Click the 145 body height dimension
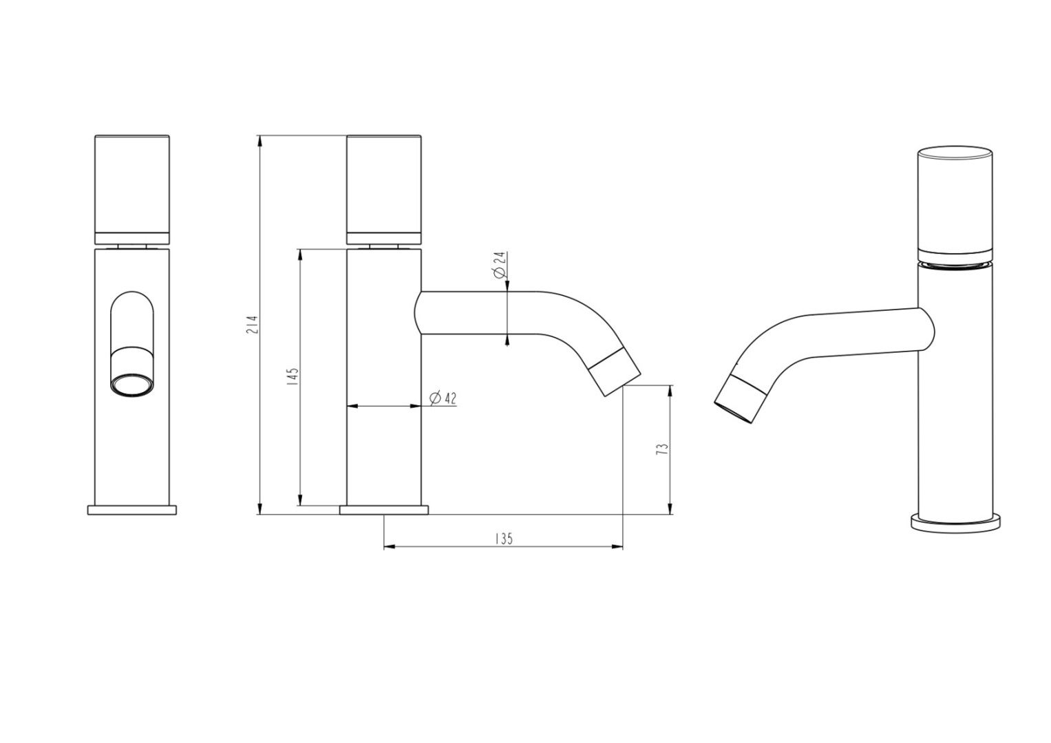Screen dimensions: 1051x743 click(293, 377)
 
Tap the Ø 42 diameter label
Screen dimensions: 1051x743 click(443, 398)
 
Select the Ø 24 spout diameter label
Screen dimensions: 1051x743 click(500, 265)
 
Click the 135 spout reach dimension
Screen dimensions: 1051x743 click(504, 539)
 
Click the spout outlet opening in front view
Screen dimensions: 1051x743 click(132, 385)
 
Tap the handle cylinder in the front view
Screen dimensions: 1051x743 click(132, 190)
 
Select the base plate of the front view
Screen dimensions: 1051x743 click(132, 510)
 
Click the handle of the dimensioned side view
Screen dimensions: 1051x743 click(384, 190)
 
